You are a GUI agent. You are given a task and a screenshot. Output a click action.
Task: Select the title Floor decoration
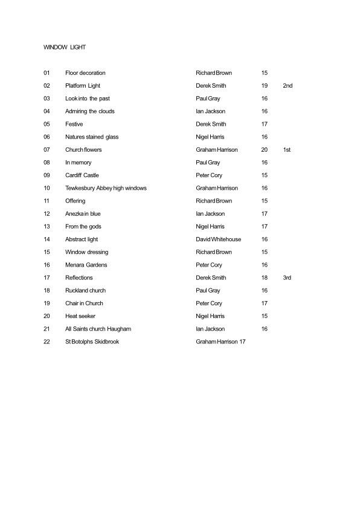(85, 73)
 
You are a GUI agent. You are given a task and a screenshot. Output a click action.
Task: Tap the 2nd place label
(288, 86)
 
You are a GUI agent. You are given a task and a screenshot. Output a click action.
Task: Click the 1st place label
(287, 149)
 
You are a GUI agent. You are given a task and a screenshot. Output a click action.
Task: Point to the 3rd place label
(288, 277)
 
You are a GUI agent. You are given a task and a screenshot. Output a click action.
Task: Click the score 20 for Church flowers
(265, 149)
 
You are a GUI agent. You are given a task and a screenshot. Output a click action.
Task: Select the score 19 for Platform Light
(265, 86)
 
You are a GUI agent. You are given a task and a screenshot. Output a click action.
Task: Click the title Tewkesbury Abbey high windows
(106, 188)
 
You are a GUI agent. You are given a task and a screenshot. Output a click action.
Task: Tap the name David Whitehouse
(219, 239)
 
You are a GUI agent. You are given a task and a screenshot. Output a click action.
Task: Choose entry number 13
(47, 227)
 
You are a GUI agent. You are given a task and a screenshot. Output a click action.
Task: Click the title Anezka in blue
(83, 213)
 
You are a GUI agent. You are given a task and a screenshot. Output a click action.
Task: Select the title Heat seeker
(80, 316)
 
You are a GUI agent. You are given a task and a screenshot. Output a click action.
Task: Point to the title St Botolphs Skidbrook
(92, 342)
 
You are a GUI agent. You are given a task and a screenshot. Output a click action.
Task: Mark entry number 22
(47, 342)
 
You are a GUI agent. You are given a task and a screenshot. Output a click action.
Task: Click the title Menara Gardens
(85, 265)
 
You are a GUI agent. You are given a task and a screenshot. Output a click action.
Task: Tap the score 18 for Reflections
(265, 277)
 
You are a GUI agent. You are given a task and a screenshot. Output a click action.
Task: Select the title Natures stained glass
(92, 137)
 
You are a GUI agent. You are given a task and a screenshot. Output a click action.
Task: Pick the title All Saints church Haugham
(98, 329)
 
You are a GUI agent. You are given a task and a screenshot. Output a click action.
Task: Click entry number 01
(47, 73)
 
